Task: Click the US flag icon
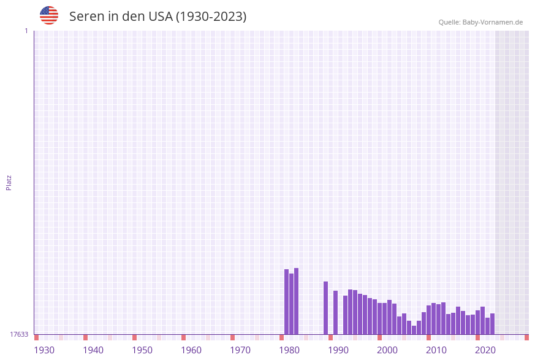coord(49,15)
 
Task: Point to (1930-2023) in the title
coord(211,17)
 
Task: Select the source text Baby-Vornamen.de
coord(493,22)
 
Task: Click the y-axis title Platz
coord(9,182)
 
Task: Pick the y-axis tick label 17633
coord(19,334)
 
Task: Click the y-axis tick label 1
coord(26,31)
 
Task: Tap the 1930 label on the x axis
coord(44,350)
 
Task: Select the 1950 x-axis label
coord(142,350)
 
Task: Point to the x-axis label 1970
coord(240,350)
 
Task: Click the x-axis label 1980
coord(289,350)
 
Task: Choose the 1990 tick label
coord(338,350)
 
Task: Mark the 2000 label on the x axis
coord(387,350)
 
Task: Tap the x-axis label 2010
coord(436,350)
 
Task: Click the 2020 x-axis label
coord(485,350)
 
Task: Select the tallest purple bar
coord(296,301)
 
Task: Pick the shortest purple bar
coord(414,330)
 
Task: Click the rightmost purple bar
coord(492,324)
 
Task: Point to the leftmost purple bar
coord(286,302)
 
